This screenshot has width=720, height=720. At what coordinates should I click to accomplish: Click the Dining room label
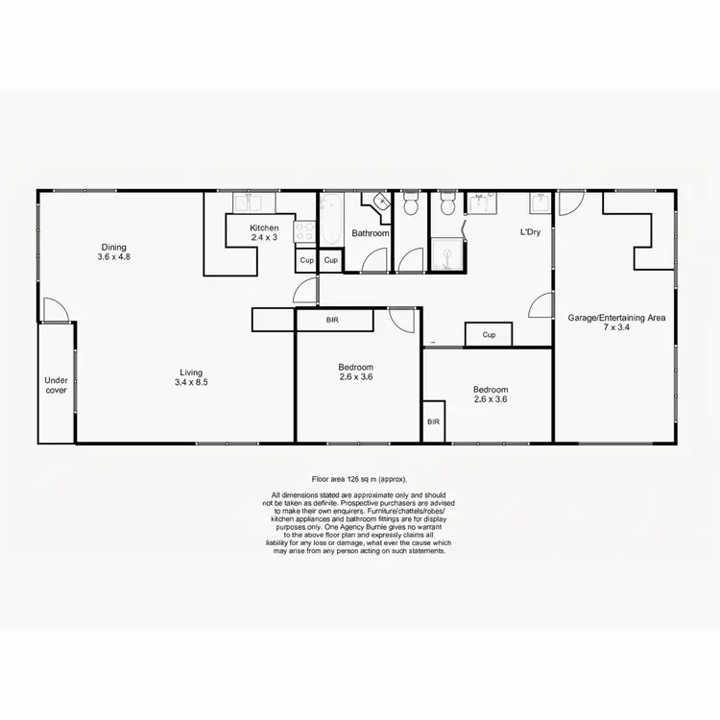click(x=113, y=247)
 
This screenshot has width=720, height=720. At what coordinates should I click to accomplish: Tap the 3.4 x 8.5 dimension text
click(x=192, y=383)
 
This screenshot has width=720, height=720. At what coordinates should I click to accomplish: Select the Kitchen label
click(x=264, y=228)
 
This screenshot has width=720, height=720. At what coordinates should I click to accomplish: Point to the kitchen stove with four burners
click(x=304, y=231)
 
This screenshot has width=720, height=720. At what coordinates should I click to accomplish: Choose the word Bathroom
click(x=370, y=233)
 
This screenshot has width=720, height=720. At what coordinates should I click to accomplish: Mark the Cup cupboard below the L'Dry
click(x=489, y=335)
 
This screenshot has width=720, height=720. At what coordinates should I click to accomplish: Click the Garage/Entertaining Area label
click(x=616, y=317)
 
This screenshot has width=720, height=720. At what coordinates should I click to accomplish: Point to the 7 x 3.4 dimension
click(x=616, y=327)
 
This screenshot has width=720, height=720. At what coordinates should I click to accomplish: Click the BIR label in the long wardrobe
click(x=332, y=320)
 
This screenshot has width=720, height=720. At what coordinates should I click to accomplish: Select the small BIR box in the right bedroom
click(x=433, y=421)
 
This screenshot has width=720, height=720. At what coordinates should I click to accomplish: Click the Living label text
click(x=192, y=372)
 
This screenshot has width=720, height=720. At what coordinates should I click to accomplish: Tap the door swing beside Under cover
click(x=55, y=310)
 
